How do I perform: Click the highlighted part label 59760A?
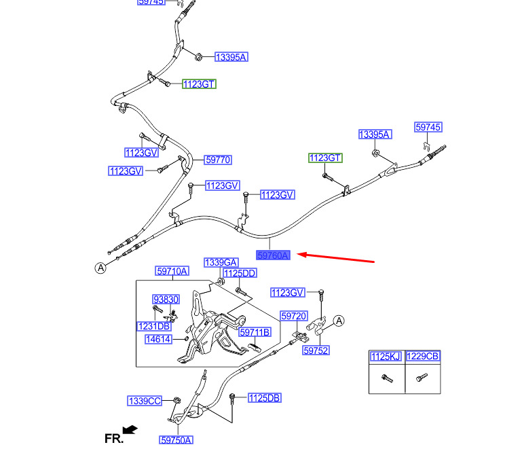[274, 255]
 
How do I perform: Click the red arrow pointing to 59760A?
[336, 257]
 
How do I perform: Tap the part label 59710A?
[172, 271]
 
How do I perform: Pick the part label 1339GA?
[221, 262]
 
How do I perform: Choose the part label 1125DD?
[240, 273]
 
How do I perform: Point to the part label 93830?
[166, 299]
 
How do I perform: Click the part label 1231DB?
[154, 326]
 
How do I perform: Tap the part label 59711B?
[256, 331]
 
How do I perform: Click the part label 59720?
[294, 317]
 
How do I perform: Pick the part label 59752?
[316, 351]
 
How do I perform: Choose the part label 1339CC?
[145, 401]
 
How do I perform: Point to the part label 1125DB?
[264, 397]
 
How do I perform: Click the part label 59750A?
[176, 440]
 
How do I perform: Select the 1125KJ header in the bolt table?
[386, 357]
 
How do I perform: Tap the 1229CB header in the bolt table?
[423, 357]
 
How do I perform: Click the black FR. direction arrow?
[130, 430]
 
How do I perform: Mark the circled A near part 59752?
[339, 321]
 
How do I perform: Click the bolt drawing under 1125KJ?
[386, 378]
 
